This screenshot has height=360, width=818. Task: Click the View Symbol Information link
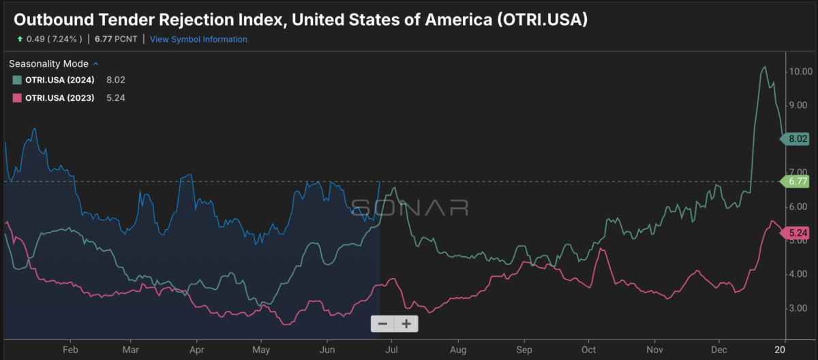[x=198, y=40]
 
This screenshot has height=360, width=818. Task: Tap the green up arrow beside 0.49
[x=20, y=39]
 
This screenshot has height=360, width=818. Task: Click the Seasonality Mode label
[x=48, y=64]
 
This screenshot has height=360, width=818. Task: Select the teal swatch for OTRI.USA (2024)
[x=17, y=80]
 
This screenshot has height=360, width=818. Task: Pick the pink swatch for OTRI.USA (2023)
[x=17, y=98]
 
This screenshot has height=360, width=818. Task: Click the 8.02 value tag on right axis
[x=795, y=138]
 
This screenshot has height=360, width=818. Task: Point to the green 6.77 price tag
[x=795, y=181]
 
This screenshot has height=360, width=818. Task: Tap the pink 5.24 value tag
[x=795, y=233]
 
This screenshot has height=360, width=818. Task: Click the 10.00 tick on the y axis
[x=801, y=72]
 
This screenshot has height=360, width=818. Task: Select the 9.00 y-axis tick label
[x=798, y=106]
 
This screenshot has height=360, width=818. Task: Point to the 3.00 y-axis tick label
[x=798, y=308]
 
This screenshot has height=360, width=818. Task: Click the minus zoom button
[x=382, y=324]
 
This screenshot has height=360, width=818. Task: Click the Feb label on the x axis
[x=70, y=350]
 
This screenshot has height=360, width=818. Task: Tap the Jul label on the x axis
[x=391, y=350]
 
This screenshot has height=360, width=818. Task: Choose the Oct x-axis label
[x=589, y=350]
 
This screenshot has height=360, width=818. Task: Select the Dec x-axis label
[x=718, y=350]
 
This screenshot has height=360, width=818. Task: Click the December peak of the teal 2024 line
[x=765, y=67]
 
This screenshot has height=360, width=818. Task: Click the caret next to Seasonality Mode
[x=95, y=64]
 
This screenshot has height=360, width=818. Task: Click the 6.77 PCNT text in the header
[x=116, y=39]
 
